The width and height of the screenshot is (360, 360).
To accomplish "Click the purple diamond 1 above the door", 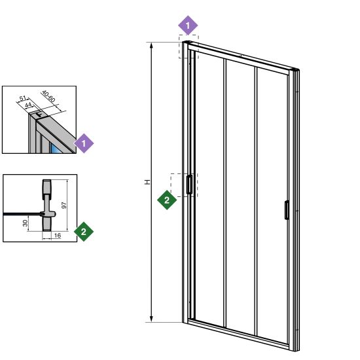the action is click(188, 26).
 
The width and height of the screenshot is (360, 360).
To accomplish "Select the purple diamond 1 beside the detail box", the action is click(84, 143).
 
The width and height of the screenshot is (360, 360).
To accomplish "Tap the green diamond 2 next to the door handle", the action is click(167, 200).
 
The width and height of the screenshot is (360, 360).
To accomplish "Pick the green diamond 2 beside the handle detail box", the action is click(84, 232).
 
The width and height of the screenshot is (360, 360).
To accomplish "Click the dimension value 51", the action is click(23, 98).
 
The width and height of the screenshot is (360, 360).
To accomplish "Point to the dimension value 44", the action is click(28, 105).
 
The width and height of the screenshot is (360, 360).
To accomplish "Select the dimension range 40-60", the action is click(48, 96).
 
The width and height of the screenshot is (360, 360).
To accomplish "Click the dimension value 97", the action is click(64, 205).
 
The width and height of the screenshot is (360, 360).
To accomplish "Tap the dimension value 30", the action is click(26, 223).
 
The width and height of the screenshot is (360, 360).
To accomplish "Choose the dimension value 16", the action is click(58, 236).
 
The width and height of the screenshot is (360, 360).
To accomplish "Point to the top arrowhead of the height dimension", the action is click(151, 45).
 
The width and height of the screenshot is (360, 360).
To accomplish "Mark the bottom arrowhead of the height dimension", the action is click(151, 319).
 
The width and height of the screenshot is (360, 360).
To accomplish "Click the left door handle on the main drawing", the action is click(189, 185).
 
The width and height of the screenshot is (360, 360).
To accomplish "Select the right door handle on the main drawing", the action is click(287, 210).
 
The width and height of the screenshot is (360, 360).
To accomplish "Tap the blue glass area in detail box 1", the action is click(56, 149).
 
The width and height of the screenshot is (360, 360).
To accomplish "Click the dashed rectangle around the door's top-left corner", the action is click(189, 46).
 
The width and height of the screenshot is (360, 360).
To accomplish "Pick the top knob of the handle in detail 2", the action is click(47, 187).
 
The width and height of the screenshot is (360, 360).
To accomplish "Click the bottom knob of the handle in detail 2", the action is click(47, 224).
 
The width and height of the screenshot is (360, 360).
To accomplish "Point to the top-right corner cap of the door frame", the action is click(295, 70).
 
